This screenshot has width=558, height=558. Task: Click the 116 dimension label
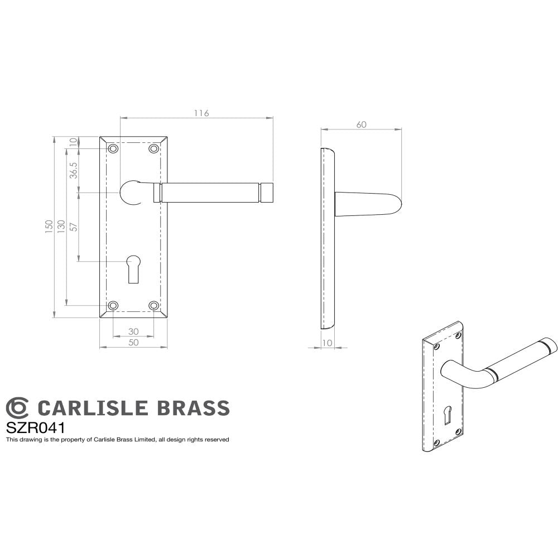(x=201, y=113)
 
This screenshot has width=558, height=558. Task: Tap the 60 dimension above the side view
(x=361, y=124)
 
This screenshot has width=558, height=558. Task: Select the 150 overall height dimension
(x=50, y=225)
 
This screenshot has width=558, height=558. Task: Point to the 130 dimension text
(x=61, y=225)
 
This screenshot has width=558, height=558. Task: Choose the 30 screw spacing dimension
(x=133, y=331)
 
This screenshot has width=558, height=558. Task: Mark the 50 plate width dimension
(x=133, y=343)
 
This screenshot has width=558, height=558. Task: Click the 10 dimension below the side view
(x=327, y=343)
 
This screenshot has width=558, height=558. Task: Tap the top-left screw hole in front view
(x=113, y=149)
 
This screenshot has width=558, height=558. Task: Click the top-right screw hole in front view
(x=154, y=149)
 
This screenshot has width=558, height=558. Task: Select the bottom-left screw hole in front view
(x=113, y=305)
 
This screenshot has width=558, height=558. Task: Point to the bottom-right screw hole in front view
(x=154, y=305)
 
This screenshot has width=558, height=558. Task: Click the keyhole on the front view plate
(x=133, y=267)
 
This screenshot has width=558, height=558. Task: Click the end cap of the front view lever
(x=267, y=193)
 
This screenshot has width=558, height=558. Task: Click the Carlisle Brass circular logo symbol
(x=17, y=408)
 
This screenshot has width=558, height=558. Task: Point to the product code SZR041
(x=36, y=428)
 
